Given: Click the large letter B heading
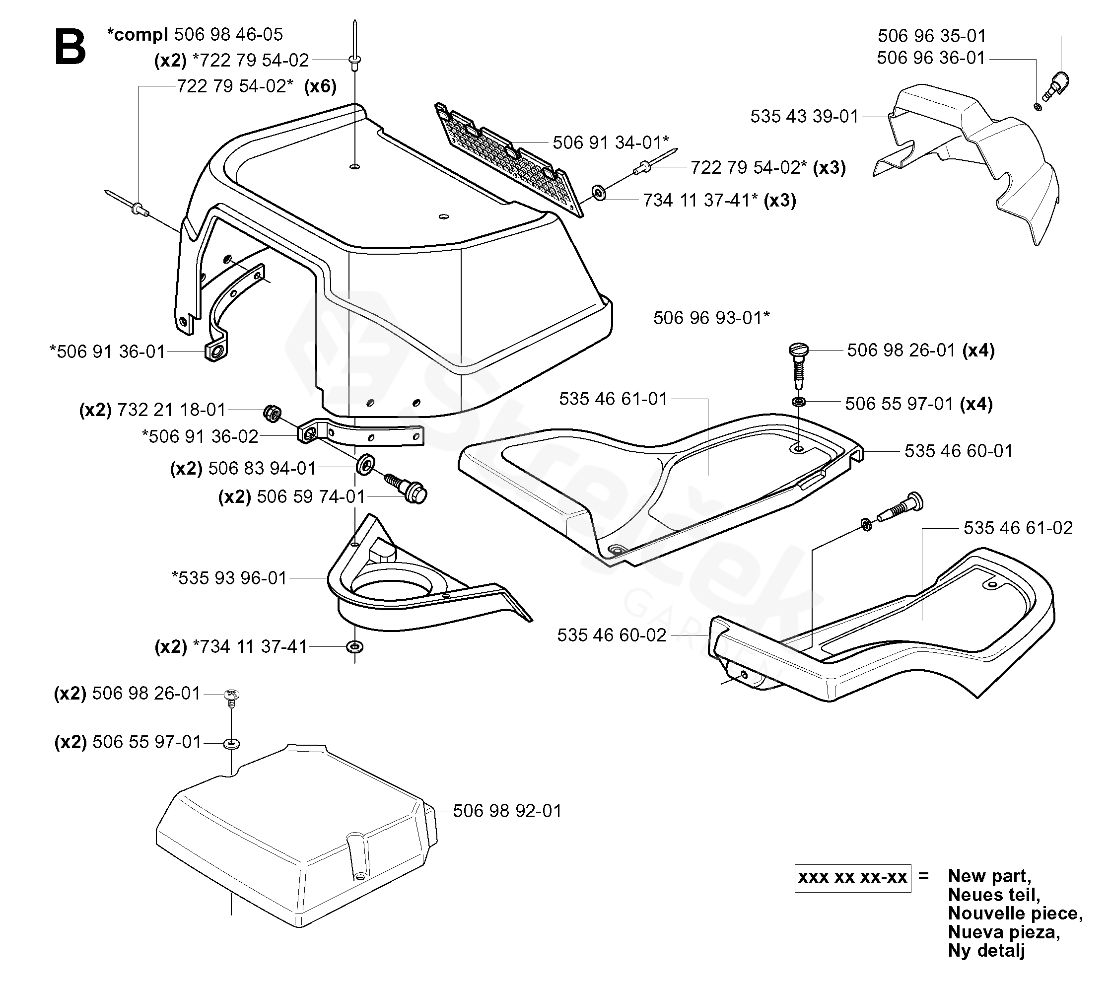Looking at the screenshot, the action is (x=70, y=47).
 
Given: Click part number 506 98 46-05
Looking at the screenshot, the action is (x=228, y=34).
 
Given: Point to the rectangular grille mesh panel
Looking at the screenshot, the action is (x=509, y=159).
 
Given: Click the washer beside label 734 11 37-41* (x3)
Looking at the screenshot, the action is (x=599, y=192).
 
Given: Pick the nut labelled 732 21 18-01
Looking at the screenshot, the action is (x=272, y=415).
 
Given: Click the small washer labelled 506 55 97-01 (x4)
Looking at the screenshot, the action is (x=798, y=402).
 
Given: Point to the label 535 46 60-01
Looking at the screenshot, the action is (x=959, y=451).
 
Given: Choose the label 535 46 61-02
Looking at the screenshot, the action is (x=1018, y=528).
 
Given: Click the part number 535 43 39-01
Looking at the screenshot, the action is (x=805, y=116).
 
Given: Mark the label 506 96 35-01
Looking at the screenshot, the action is (x=932, y=36).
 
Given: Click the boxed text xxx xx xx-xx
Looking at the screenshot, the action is (x=853, y=878).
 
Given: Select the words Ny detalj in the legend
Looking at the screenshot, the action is (x=986, y=951).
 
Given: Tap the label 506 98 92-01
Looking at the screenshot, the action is (x=507, y=811).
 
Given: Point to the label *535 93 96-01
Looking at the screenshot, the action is (x=229, y=578).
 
